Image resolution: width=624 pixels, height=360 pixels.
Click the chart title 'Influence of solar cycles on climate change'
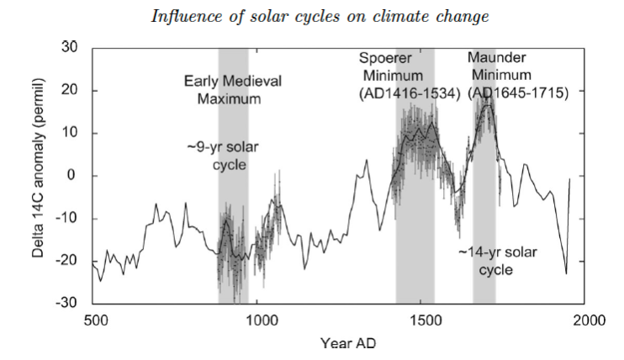click(x=320, y=17)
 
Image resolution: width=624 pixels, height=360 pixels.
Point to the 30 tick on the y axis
click(x=70, y=47)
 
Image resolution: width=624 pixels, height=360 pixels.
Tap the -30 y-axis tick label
click(x=66, y=303)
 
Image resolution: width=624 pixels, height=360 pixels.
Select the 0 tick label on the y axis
click(x=71, y=175)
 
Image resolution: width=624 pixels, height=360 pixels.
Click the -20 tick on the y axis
click(x=66, y=261)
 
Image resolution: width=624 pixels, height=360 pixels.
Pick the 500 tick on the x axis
click(x=96, y=320)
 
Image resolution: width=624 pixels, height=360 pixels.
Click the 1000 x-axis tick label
click(x=260, y=320)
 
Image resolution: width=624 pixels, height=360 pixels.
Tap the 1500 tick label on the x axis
click(x=426, y=320)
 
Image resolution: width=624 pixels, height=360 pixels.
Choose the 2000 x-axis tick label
click(x=589, y=320)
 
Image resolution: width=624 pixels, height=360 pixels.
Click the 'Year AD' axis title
click(x=348, y=342)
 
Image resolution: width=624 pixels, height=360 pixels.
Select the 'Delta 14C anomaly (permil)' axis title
click(x=38, y=167)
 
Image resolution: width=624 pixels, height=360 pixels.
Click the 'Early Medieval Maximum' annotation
click(x=232, y=90)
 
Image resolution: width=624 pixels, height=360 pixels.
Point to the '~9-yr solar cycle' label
click(x=223, y=156)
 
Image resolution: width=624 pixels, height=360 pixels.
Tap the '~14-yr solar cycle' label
click(x=498, y=261)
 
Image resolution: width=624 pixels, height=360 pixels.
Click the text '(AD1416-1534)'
click(x=410, y=93)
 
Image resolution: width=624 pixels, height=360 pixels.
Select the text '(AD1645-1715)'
click(x=518, y=93)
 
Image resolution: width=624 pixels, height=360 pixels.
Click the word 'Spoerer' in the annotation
click(x=385, y=58)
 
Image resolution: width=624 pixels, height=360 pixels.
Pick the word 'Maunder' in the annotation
click(x=497, y=57)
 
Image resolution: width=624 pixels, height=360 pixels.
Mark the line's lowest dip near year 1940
click(x=566, y=273)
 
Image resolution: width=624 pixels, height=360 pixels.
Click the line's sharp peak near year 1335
click(x=367, y=160)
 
